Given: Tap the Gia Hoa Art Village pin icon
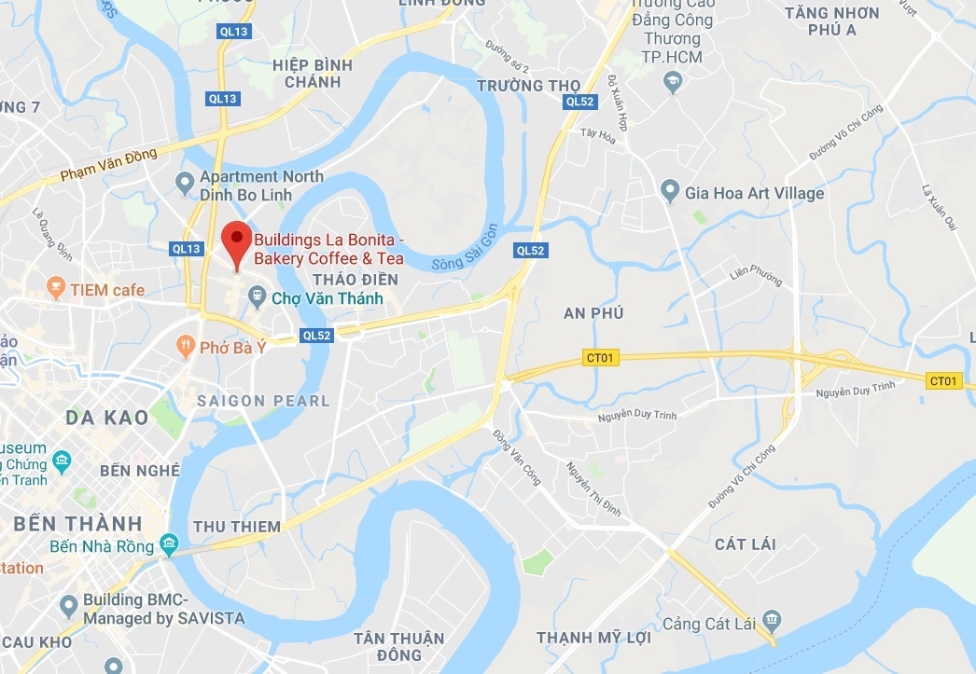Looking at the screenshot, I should click(x=669, y=192).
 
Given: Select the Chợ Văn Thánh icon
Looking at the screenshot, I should click(x=257, y=299).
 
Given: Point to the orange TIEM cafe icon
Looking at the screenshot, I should click(x=55, y=289).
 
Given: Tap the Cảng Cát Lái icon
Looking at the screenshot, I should click(x=771, y=620).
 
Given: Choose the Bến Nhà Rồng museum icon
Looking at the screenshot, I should click(x=168, y=543).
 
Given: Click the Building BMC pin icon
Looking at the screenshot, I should click(x=67, y=607).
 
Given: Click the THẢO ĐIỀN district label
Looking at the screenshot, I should click(x=356, y=280).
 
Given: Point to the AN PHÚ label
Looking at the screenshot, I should click(x=593, y=313).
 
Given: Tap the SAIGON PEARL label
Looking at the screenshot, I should click(x=264, y=401).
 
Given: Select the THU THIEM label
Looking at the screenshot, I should click(x=237, y=527).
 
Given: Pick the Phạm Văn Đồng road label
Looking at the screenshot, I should click(x=105, y=164).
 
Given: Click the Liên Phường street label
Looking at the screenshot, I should click(x=755, y=275).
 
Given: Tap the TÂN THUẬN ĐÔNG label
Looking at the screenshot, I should click(x=398, y=647).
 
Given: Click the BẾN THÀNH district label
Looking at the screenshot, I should click(x=78, y=523).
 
